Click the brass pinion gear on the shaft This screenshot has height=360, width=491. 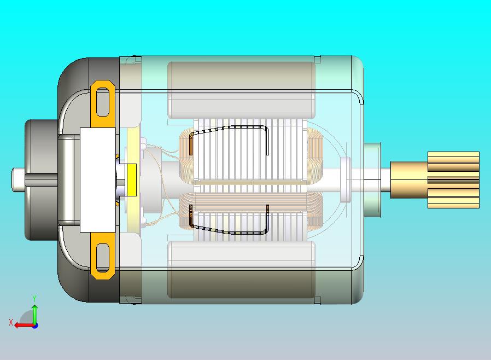(x=453, y=180)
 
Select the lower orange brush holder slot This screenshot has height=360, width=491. (x=103, y=260)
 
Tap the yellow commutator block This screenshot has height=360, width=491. (x=131, y=180)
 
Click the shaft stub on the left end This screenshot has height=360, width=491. (x=19, y=179)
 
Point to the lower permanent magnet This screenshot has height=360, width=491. (x=241, y=271)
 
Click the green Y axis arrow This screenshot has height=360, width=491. (x=34, y=311)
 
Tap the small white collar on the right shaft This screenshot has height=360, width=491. (x=346, y=179)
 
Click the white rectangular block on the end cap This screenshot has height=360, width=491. (x=98, y=180)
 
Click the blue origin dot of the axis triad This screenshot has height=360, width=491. (x=34, y=326)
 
